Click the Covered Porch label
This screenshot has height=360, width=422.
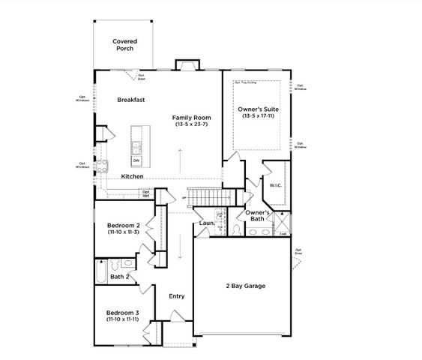point(124,45)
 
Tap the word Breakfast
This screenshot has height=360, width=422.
point(130,99)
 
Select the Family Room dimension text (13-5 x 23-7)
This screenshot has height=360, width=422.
point(191,124)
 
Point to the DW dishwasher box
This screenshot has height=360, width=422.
point(136,160)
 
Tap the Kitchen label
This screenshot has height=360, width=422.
point(132,176)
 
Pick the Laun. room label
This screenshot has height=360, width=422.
point(208,223)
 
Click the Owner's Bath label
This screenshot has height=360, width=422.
point(258,217)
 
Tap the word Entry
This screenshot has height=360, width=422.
point(176,295)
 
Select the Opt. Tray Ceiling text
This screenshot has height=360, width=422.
point(245,82)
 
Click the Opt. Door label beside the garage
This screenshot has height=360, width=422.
point(298,251)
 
